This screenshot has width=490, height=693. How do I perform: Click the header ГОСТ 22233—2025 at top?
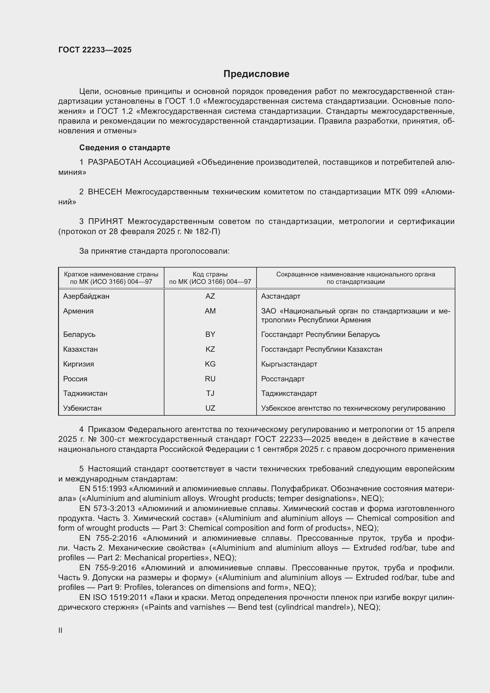95,50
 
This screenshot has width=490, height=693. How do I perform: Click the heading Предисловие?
256,74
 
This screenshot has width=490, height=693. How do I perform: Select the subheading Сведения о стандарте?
125,148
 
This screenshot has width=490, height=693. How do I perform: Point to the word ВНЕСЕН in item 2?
105,192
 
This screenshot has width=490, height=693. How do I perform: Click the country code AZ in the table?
210,296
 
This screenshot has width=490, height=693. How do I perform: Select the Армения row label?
78,311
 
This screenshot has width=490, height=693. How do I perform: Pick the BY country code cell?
210,335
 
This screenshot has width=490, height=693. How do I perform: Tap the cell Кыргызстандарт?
289,364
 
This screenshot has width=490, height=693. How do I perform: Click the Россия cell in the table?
75,379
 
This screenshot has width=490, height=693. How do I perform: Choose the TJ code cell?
210,393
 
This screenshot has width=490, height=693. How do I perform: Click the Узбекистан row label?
82,408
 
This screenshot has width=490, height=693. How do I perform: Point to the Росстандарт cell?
283,379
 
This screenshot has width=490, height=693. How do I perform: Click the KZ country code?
210,349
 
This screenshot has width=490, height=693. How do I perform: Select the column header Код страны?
210,274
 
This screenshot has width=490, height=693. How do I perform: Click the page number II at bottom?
60,630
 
